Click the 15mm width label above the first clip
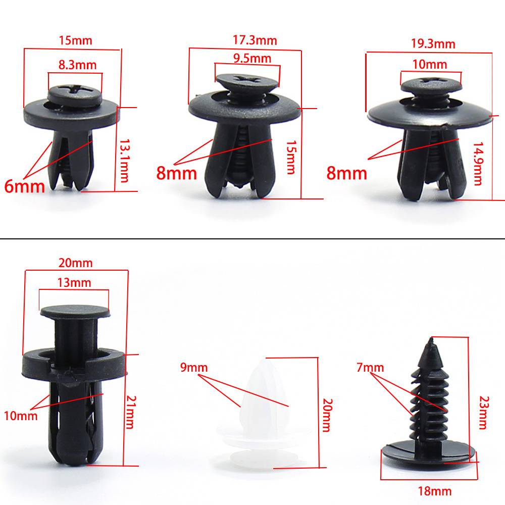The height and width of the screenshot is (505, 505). (75, 40)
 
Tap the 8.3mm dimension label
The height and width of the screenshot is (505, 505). (77, 65)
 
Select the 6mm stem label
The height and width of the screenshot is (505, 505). (24, 186)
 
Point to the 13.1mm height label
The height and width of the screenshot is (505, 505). (124, 161)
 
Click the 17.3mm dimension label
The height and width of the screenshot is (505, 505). (255, 40)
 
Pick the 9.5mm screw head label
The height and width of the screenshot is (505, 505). (252, 58)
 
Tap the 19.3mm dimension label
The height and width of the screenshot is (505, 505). (433, 44)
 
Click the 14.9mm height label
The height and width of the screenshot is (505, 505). (478, 164)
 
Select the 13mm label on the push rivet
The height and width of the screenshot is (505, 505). (74, 282)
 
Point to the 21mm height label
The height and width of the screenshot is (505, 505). (131, 412)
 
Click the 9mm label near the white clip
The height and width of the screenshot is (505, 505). (194, 367)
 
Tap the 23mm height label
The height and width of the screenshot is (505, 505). (484, 413)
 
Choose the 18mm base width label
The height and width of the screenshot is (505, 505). (435, 491)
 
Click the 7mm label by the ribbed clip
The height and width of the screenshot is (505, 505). (370, 367)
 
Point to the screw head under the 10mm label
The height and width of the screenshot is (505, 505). (431, 85)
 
